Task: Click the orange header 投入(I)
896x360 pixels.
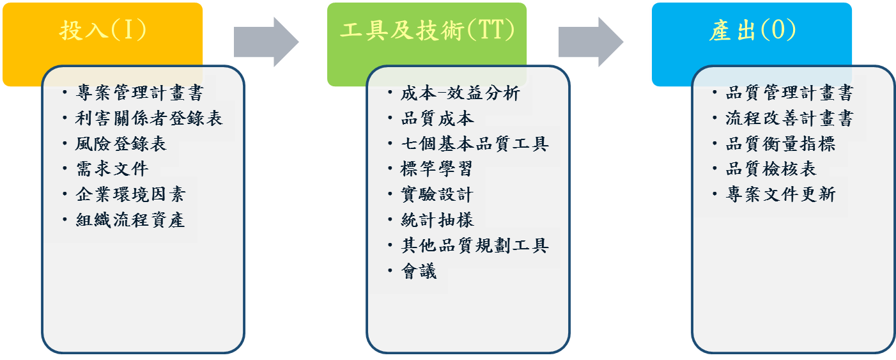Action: (x=103, y=30)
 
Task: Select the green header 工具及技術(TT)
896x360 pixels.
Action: (x=428, y=30)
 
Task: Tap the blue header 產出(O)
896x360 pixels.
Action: (x=752, y=30)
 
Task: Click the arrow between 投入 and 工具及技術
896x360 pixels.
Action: (x=266, y=42)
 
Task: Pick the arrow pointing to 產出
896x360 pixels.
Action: (x=591, y=42)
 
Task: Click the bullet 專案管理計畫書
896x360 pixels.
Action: (x=139, y=93)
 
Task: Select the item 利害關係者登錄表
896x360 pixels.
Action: (x=149, y=118)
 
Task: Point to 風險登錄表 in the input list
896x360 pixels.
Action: (x=121, y=144)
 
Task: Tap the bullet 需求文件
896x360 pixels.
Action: (x=112, y=169)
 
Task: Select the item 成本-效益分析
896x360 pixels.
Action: (x=460, y=94)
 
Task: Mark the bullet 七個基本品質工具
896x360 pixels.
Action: (x=474, y=144)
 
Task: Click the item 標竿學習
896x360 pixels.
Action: (x=437, y=169)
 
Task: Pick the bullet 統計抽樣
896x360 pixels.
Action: (x=437, y=220)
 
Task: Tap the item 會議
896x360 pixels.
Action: (x=419, y=271)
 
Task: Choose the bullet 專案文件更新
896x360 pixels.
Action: (x=780, y=194)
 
